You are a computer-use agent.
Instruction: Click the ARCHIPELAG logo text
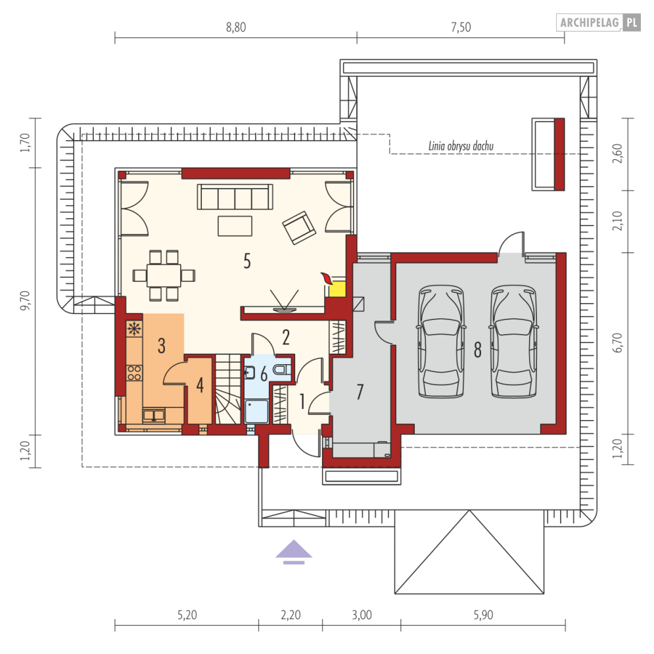589,22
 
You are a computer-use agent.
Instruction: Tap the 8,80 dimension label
236,27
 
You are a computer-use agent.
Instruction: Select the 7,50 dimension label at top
461,27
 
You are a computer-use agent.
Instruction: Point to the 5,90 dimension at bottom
483,615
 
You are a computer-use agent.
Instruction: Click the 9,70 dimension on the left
25,300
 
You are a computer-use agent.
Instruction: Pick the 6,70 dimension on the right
618,343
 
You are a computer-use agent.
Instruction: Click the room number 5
247,261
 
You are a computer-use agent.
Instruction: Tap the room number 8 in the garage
478,350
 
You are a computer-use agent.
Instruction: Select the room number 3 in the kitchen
162,346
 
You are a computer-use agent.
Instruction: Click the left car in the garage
441,341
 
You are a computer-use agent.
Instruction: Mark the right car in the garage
513,341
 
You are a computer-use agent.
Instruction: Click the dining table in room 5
164,275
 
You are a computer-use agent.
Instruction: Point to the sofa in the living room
235,197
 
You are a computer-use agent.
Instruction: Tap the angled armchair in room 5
299,227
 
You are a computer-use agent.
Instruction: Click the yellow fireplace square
337,289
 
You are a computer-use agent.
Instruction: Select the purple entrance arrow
294,551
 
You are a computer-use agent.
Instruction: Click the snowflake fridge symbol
134,329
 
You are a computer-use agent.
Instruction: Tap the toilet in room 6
282,369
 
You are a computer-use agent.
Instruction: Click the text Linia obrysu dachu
461,146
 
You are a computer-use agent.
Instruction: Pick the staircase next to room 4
227,389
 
